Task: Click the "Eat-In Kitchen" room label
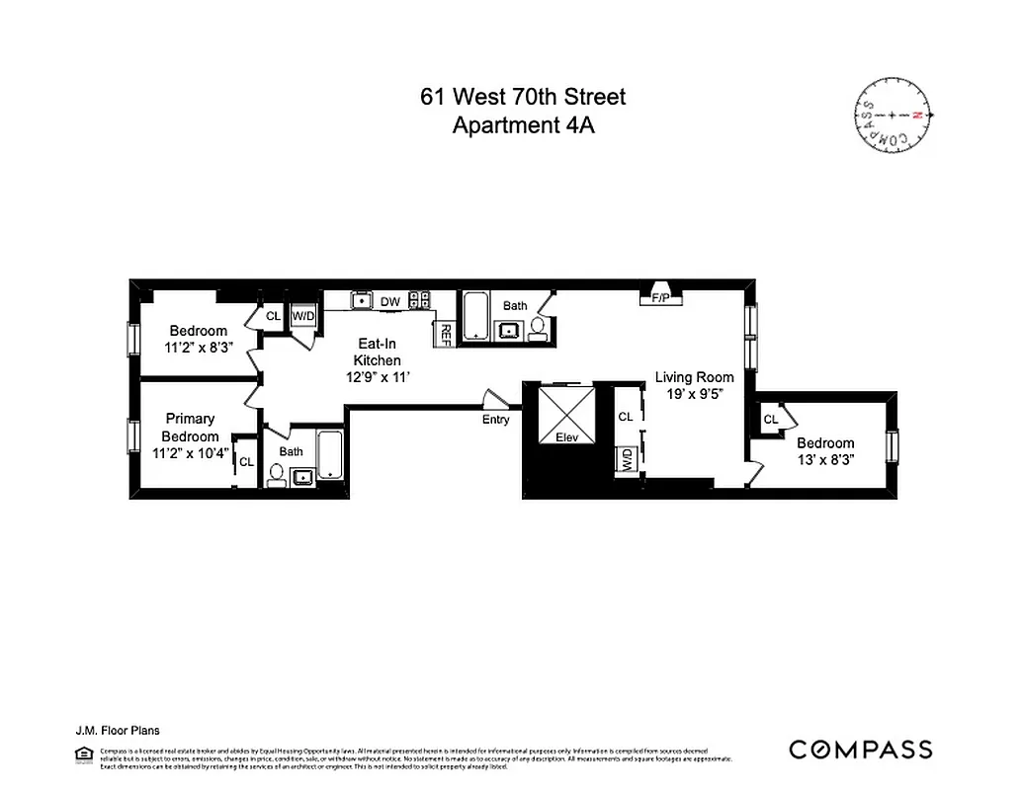[x=378, y=352]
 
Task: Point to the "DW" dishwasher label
[x=390, y=301]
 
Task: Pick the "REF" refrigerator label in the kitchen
[x=446, y=334]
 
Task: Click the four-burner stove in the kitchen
[x=420, y=300]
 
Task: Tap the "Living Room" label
[x=695, y=376]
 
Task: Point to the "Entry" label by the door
[x=496, y=420]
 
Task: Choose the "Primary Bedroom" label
[x=191, y=428]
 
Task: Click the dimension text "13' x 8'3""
[x=825, y=459]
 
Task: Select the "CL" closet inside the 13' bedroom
[x=771, y=420]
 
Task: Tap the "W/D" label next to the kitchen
[x=301, y=316]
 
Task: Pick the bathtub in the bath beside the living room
[x=476, y=316]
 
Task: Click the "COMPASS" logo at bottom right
[x=860, y=750]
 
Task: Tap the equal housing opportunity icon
[x=82, y=754]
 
